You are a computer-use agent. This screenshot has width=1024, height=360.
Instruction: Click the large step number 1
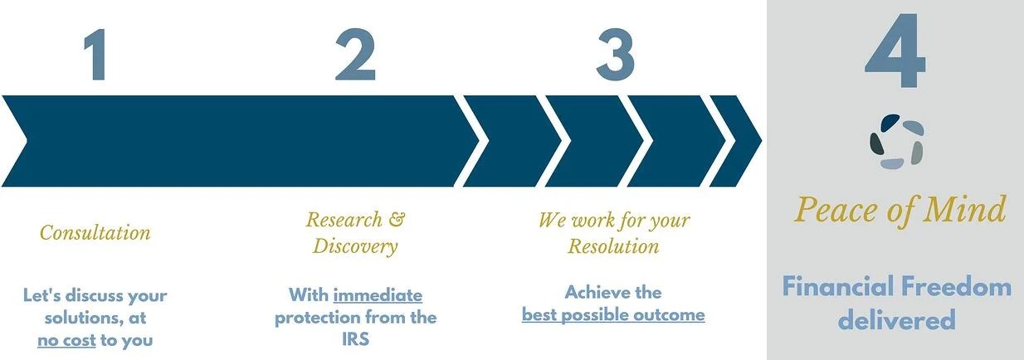pyautogui.click(x=96, y=55)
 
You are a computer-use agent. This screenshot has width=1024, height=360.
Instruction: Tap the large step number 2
pyautogui.click(x=355, y=55)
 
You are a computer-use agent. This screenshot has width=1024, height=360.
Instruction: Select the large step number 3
pyautogui.click(x=616, y=55)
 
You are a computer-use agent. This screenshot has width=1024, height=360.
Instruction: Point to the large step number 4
pyautogui.click(x=895, y=51)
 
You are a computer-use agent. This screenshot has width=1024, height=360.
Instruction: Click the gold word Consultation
pyautogui.click(x=95, y=232)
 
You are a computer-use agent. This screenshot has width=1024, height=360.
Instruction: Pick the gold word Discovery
pyautogui.click(x=355, y=246)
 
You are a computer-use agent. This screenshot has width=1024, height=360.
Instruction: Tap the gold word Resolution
pyautogui.click(x=613, y=246)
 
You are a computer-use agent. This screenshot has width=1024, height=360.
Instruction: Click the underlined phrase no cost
pyautogui.click(x=66, y=340)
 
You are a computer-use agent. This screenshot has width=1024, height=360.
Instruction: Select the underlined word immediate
pyautogui.click(x=378, y=295)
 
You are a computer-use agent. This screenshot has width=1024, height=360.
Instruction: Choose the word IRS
pyautogui.click(x=355, y=339)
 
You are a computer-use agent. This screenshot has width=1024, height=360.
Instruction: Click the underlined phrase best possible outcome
pyautogui.click(x=613, y=315)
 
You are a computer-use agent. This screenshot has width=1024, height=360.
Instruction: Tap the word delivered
pyautogui.click(x=896, y=319)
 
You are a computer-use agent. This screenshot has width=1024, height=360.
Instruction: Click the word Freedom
pyautogui.click(x=956, y=287)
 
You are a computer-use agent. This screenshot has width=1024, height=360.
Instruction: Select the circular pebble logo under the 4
pyautogui.click(x=896, y=142)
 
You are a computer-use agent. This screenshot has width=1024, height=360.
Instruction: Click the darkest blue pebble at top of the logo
pyautogui.click(x=890, y=123)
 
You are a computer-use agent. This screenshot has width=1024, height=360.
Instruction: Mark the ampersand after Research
pyautogui.click(x=397, y=219)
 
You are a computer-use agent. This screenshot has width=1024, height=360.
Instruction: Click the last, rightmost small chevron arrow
pyautogui.click(x=735, y=141)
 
